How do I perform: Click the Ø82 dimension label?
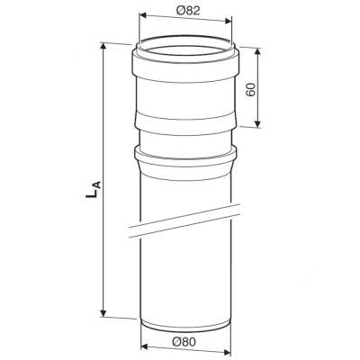(188, 11)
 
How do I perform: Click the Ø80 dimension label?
(184, 341)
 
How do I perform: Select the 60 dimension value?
(250, 89)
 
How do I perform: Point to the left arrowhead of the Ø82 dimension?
(143, 14)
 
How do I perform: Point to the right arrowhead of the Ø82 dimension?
(229, 22)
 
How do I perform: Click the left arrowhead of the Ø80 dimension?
(145, 346)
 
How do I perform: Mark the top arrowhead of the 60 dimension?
(257, 52)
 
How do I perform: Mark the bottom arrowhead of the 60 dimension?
(257, 124)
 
